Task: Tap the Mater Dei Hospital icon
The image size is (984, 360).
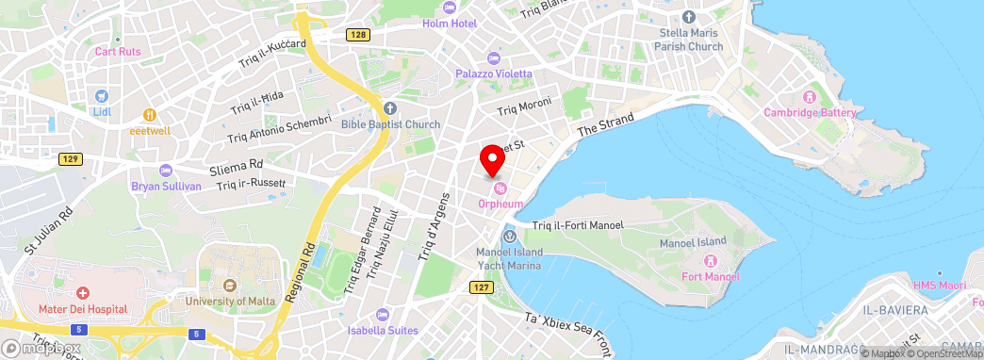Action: point(83,294)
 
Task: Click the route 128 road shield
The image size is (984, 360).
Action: point(355,35)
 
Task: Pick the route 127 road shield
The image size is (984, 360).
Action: point(481,287)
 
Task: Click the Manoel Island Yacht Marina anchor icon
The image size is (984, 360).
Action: point(510,236)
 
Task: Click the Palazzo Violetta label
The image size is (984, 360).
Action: point(495,74)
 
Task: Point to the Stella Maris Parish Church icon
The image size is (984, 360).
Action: point(689,17)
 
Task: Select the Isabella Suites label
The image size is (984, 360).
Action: point(381,330)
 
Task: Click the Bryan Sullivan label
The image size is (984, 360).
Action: point(167,186)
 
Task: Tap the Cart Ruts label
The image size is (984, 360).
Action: point(118,52)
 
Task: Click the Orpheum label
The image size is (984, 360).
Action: point(500,204)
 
